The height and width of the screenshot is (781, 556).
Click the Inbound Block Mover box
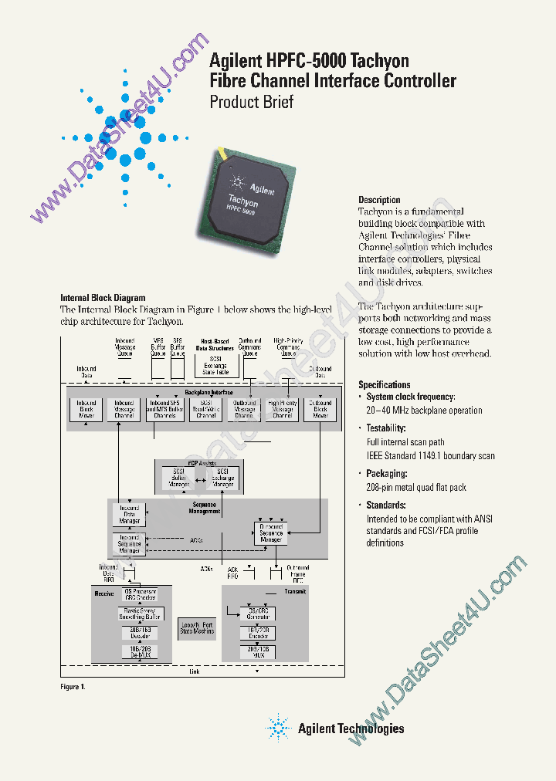point(86,409)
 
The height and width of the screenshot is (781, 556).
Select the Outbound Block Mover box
point(320,409)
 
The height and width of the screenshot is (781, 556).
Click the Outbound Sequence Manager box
point(271,532)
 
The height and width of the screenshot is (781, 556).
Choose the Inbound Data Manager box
point(129,516)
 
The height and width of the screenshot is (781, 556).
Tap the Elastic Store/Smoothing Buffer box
point(141,614)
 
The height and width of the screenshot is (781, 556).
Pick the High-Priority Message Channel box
point(283,409)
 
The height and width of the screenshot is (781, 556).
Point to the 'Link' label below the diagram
point(195,671)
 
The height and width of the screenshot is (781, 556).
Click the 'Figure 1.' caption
point(73,686)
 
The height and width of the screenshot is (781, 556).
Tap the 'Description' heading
point(379,200)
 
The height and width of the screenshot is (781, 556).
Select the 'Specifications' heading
point(385,384)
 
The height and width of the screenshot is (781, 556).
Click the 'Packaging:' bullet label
point(386,474)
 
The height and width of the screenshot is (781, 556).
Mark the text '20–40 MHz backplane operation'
point(424,411)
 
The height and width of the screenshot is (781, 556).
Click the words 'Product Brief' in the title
point(252,102)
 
